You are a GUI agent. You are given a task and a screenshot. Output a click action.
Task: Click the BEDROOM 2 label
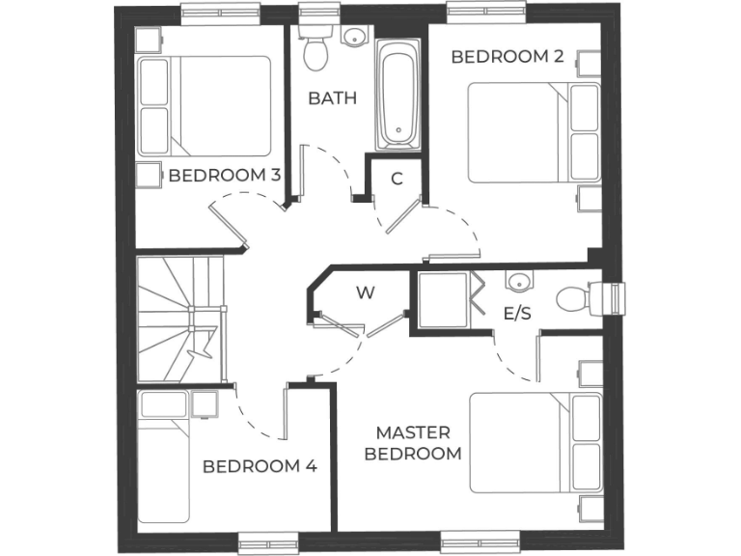coord(508,57)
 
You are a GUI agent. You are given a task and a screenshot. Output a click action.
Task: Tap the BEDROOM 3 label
coord(225,176)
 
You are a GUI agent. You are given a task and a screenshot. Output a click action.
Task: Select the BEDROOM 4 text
coord(260,466)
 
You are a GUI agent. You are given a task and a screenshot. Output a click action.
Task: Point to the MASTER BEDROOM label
coord(419,443)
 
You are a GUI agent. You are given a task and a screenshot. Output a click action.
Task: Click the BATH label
coord(332,98)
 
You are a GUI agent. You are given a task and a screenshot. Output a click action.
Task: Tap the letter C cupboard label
coord(397,179)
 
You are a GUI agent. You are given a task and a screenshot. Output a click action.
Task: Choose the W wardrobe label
coord(365,292)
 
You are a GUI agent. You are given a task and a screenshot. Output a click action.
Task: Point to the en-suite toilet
coord(579,297)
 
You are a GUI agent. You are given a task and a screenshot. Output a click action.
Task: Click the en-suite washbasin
coord(519,282)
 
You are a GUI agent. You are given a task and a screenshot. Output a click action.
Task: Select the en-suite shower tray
coord(442,301)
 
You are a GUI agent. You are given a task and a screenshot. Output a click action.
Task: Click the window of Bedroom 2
coord(485,12)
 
